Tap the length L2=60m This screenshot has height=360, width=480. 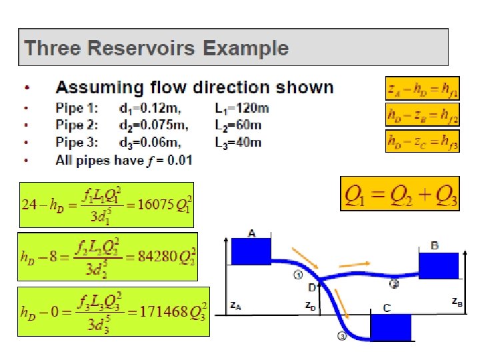pos(238,125)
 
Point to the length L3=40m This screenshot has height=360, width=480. pos(238,142)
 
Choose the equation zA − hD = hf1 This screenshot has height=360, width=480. pos(422,89)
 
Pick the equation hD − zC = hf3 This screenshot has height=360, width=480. pos(422,141)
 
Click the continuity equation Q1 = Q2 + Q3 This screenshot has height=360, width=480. pos(400,193)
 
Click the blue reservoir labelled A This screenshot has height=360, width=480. pos(251,251)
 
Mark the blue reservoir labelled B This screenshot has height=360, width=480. pos(439,265)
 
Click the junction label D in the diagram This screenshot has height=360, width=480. pos(311,287)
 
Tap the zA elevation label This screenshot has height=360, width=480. pos(235,305)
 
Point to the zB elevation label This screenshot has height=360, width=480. pos(457,301)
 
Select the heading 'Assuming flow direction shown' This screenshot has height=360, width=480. pos(194,87)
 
